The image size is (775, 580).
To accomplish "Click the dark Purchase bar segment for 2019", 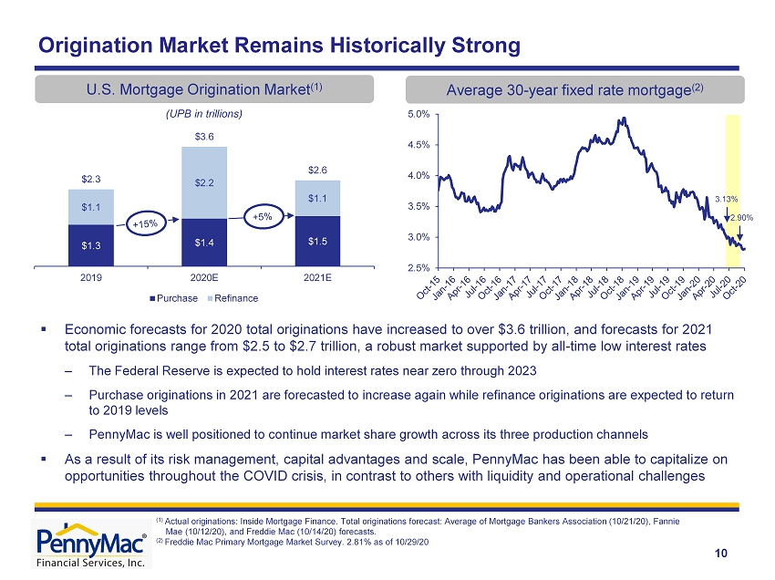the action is coord(91,245).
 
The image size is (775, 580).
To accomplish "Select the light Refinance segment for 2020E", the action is coord(204,183).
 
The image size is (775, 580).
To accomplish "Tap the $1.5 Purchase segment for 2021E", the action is coord(317,242).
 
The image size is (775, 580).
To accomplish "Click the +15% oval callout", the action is coord(145,224).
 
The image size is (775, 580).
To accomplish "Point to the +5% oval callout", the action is coord(263,216).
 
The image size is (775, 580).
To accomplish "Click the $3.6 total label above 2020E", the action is coord(204,137).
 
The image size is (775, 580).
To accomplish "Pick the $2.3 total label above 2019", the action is coord(91,179).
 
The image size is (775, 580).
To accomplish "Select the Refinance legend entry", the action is coord(232,298).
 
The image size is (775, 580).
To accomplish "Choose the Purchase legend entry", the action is coord(173,298).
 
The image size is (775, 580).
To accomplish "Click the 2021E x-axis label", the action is coord(317,278).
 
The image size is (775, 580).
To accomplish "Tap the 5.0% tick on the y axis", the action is coord(418,114).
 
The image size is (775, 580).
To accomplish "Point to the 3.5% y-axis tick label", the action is coord(418,207).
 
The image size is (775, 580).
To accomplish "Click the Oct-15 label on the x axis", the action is coord(429,288).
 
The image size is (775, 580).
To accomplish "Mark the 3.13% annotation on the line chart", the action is coord(726,200).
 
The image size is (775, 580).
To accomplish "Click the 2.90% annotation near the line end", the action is coord(742,218).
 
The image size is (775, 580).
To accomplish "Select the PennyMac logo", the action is coord(91,544).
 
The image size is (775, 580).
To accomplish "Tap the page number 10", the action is coord(721,554).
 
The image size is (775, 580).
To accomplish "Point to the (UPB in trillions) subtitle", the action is coord(204,114).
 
